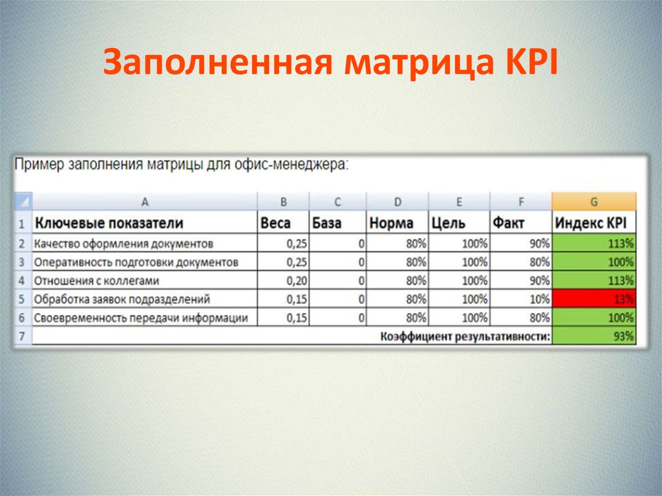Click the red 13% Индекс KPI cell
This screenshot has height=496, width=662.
[594, 299]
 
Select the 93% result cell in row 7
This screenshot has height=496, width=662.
[594, 336]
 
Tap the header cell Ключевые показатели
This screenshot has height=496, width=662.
[109, 223]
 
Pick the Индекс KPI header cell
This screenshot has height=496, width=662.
[594, 223]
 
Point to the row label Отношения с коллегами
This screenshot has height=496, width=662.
[96, 281]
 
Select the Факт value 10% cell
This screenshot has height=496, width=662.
[521, 299]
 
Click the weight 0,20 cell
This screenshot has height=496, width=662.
[283, 281]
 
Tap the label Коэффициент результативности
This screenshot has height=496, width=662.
[465, 336]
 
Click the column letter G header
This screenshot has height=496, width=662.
[594, 202]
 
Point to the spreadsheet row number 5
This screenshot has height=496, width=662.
[22, 300]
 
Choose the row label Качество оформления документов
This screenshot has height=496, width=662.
[123, 244]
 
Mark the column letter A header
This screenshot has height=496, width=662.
[144, 202]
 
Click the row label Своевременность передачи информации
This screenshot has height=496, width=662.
[141, 318]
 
